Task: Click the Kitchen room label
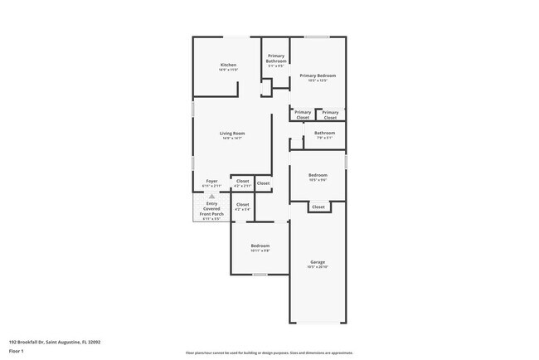[228, 65]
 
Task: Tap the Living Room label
[232, 133]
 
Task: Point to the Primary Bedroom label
[318, 75]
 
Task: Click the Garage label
[318, 261]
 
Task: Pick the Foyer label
[211, 180]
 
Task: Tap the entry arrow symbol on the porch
[211, 196]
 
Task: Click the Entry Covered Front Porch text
[211, 208]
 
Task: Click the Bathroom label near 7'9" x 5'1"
[324, 133]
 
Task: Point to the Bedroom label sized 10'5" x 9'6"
[318, 175]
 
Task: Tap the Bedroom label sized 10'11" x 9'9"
[260, 246]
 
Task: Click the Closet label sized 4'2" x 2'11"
[242, 180]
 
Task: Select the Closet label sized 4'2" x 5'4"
[242, 204]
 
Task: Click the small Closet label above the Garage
[318, 207]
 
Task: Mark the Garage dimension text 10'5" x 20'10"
[318, 267]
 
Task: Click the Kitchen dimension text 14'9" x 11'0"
[228, 71]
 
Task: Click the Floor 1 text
[17, 351]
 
